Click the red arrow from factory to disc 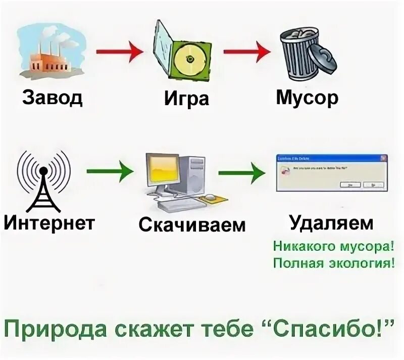click(117, 52)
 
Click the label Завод click(52, 98)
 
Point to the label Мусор click(307, 98)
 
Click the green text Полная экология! click(333, 263)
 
